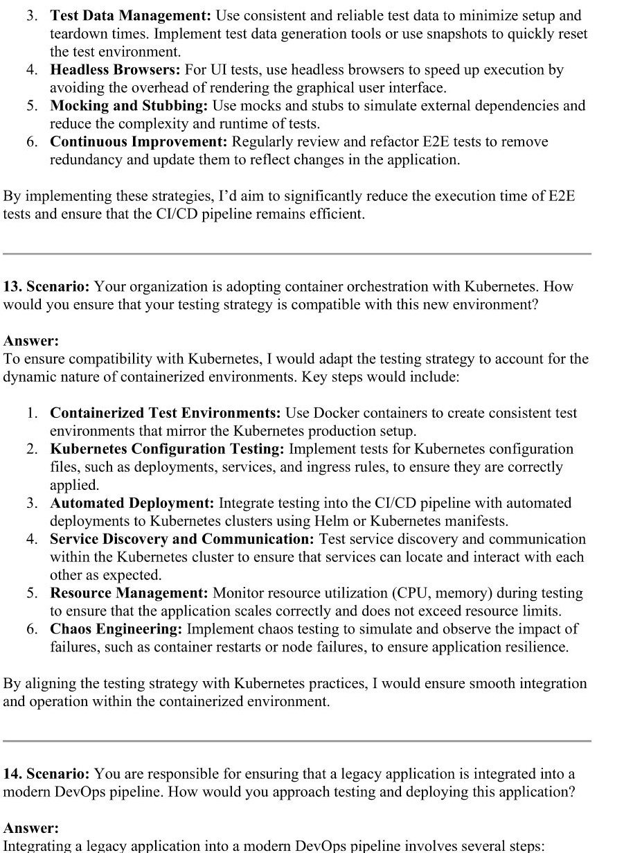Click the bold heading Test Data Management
coord(130,15)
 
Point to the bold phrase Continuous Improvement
coord(139,142)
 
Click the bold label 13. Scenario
coord(46,286)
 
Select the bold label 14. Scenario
coord(46,773)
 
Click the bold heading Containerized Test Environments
coord(165,413)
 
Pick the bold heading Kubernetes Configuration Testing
coord(167,449)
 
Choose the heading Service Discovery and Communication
coord(182,539)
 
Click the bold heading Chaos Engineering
coord(116,629)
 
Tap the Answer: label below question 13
coord(31,341)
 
